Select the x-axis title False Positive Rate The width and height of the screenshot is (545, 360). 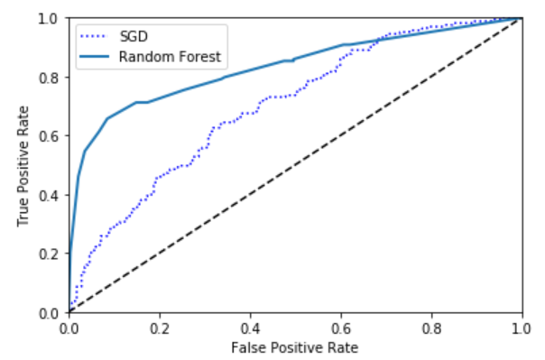point(295,347)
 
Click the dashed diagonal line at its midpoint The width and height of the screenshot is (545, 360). point(295,165)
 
